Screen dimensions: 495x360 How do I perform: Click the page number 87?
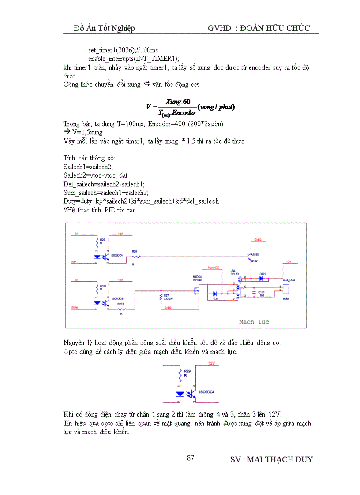[190, 458]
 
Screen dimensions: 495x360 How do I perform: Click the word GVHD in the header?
[219, 28]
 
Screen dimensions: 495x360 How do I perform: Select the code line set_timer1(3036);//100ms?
[120, 51]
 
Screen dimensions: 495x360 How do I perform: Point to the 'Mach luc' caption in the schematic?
[254, 322]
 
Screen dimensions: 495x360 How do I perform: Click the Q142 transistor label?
[254, 261]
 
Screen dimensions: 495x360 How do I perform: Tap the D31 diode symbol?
[215, 294]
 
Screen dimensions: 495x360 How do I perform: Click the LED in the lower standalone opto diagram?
[180, 393]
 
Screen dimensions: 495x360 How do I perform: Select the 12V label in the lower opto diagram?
[211, 364]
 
